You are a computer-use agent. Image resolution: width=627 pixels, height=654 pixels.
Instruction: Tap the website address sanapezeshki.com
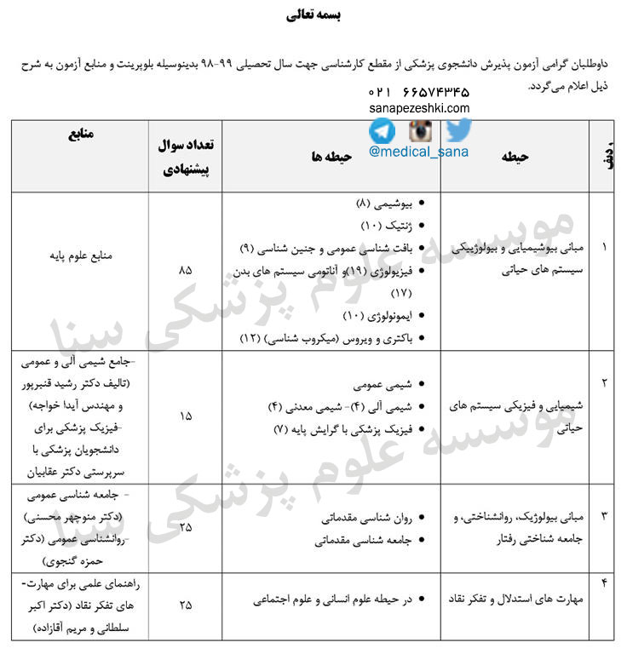pyautogui.click(x=419, y=107)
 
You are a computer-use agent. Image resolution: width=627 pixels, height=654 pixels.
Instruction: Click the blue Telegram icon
pyautogui.click(x=383, y=130)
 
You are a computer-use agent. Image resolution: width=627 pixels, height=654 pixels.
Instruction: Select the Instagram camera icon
pyautogui.click(x=420, y=130)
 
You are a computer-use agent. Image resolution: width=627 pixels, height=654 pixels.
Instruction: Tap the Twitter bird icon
pyautogui.click(x=458, y=129)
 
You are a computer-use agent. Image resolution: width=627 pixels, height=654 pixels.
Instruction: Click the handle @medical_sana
pyautogui.click(x=419, y=153)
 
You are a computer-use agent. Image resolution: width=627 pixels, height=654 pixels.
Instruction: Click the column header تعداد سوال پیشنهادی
pyautogui.click(x=186, y=157)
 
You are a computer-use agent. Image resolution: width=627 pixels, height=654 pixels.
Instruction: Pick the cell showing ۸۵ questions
pyautogui.click(x=186, y=270)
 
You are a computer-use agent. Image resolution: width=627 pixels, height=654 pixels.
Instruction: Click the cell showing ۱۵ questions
pyautogui.click(x=186, y=416)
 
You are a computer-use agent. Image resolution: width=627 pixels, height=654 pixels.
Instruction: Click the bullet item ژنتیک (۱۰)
pyautogui.click(x=387, y=227)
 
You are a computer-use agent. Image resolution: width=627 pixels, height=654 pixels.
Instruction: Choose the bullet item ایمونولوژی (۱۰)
pyautogui.click(x=375, y=316)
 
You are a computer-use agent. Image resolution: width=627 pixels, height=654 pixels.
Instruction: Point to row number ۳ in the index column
pyautogui.click(x=605, y=516)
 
